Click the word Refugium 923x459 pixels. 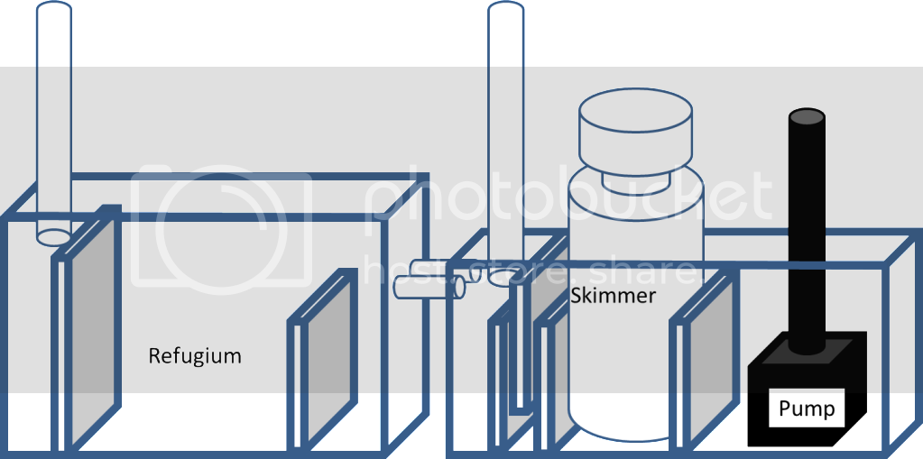tap(195, 356)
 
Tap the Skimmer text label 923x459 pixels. tap(613, 295)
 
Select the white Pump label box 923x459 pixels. tap(808, 409)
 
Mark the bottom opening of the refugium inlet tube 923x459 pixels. tap(53, 236)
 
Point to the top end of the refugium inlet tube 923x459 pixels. tap(53, 7)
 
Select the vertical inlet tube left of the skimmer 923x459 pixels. tap(505, 135)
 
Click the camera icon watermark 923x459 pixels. tap(221, 225)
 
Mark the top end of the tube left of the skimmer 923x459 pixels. tap(505, 7)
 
